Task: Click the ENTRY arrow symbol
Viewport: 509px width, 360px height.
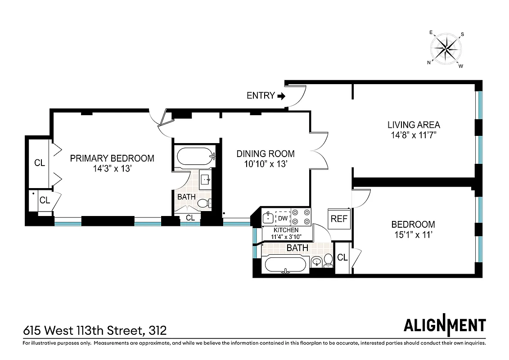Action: (x=281, y=95)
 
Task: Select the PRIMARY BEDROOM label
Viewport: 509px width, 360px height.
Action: (x=112, y=158)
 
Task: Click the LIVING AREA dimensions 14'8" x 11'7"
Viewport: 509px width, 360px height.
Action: (x=414, y=135)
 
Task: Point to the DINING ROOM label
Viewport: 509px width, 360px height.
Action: (x=266, y=154)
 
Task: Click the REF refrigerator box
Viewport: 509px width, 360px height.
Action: (x=339, y=219)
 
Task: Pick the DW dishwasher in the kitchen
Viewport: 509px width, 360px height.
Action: (x=283, y=218)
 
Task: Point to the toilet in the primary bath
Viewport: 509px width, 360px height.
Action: (x=205, y=203)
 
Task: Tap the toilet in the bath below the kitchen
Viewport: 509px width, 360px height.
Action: (x=329, y=260)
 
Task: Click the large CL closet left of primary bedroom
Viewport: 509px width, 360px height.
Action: (x=39, y=163)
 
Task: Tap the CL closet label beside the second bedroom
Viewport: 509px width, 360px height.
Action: (x=342, y=258)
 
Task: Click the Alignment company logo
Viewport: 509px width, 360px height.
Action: (x=444, y=325)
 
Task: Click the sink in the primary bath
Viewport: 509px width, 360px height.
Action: (x=205, y=180)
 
